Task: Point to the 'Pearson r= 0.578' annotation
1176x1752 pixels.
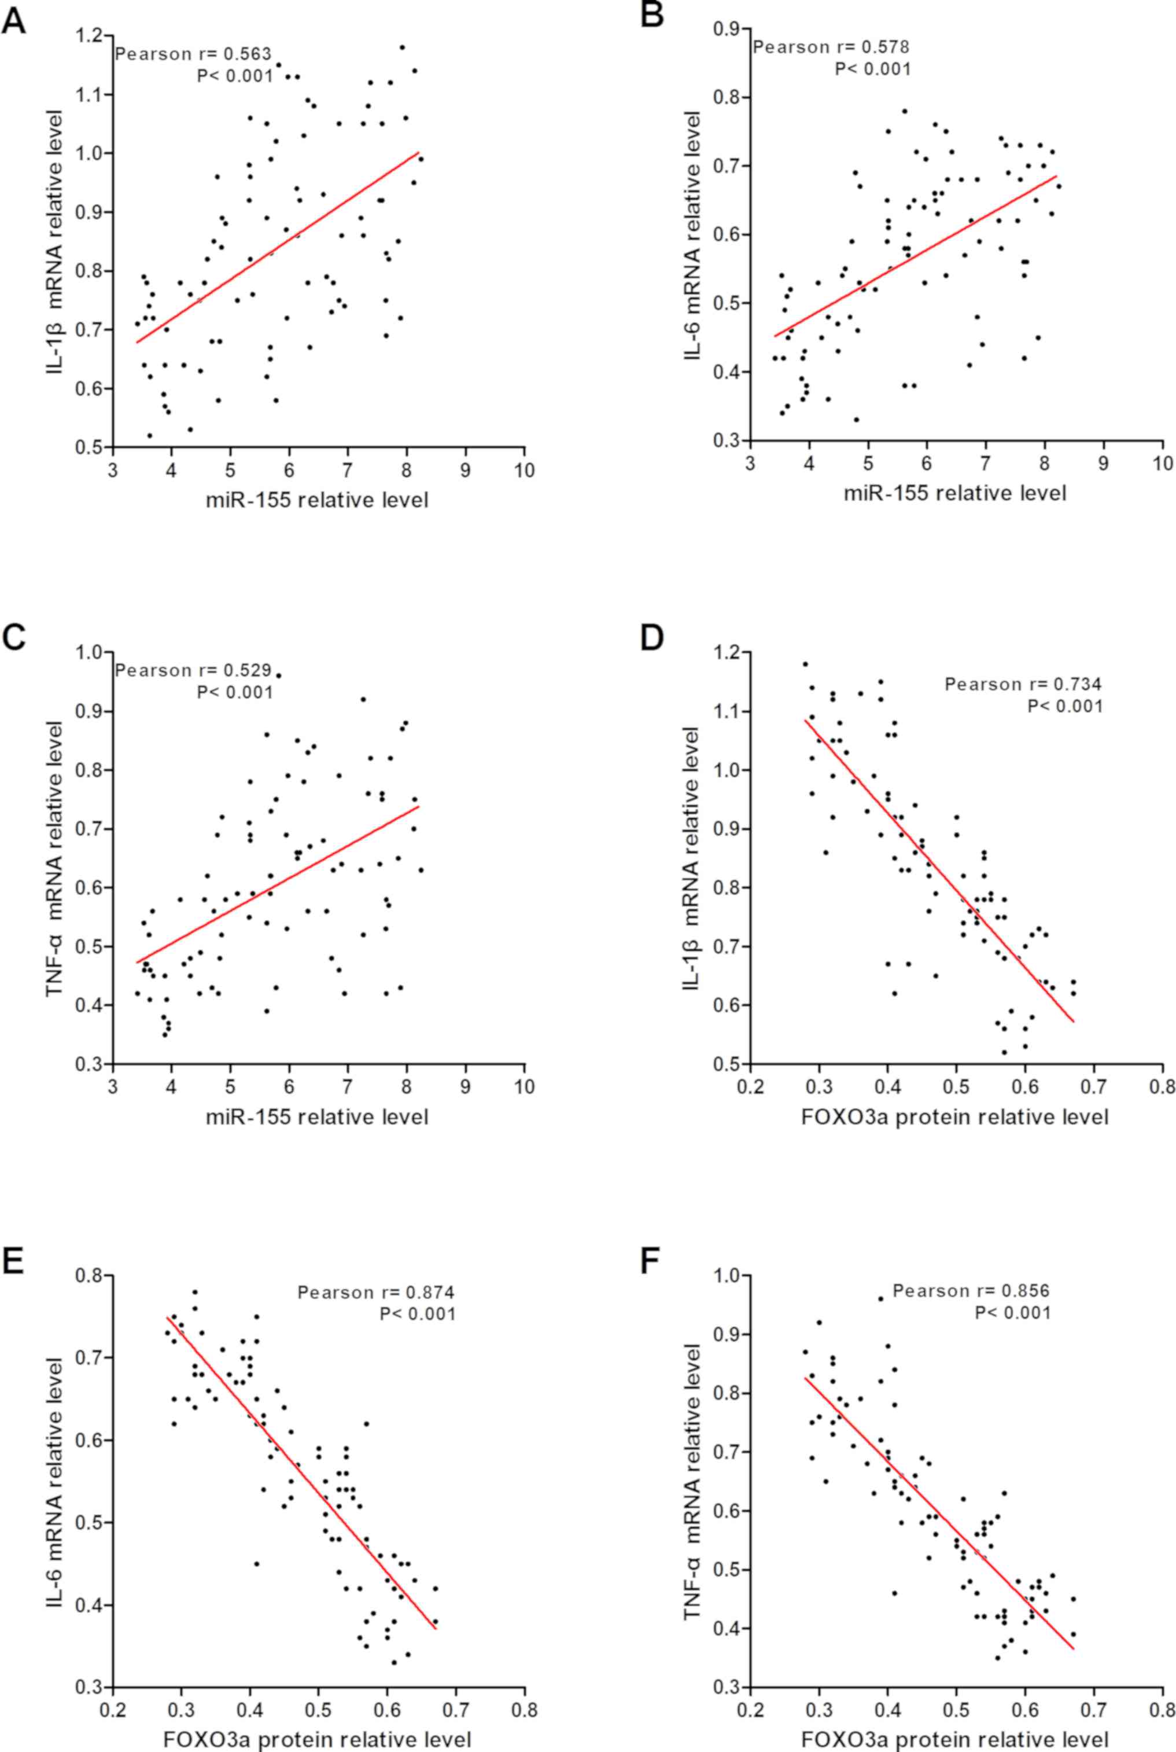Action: tap(831, 47)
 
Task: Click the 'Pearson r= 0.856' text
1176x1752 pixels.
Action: tap(971, 1291)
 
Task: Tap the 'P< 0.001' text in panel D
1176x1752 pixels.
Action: tap(1065, 706)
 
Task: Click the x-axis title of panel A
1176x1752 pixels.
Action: tap(317, 499)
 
